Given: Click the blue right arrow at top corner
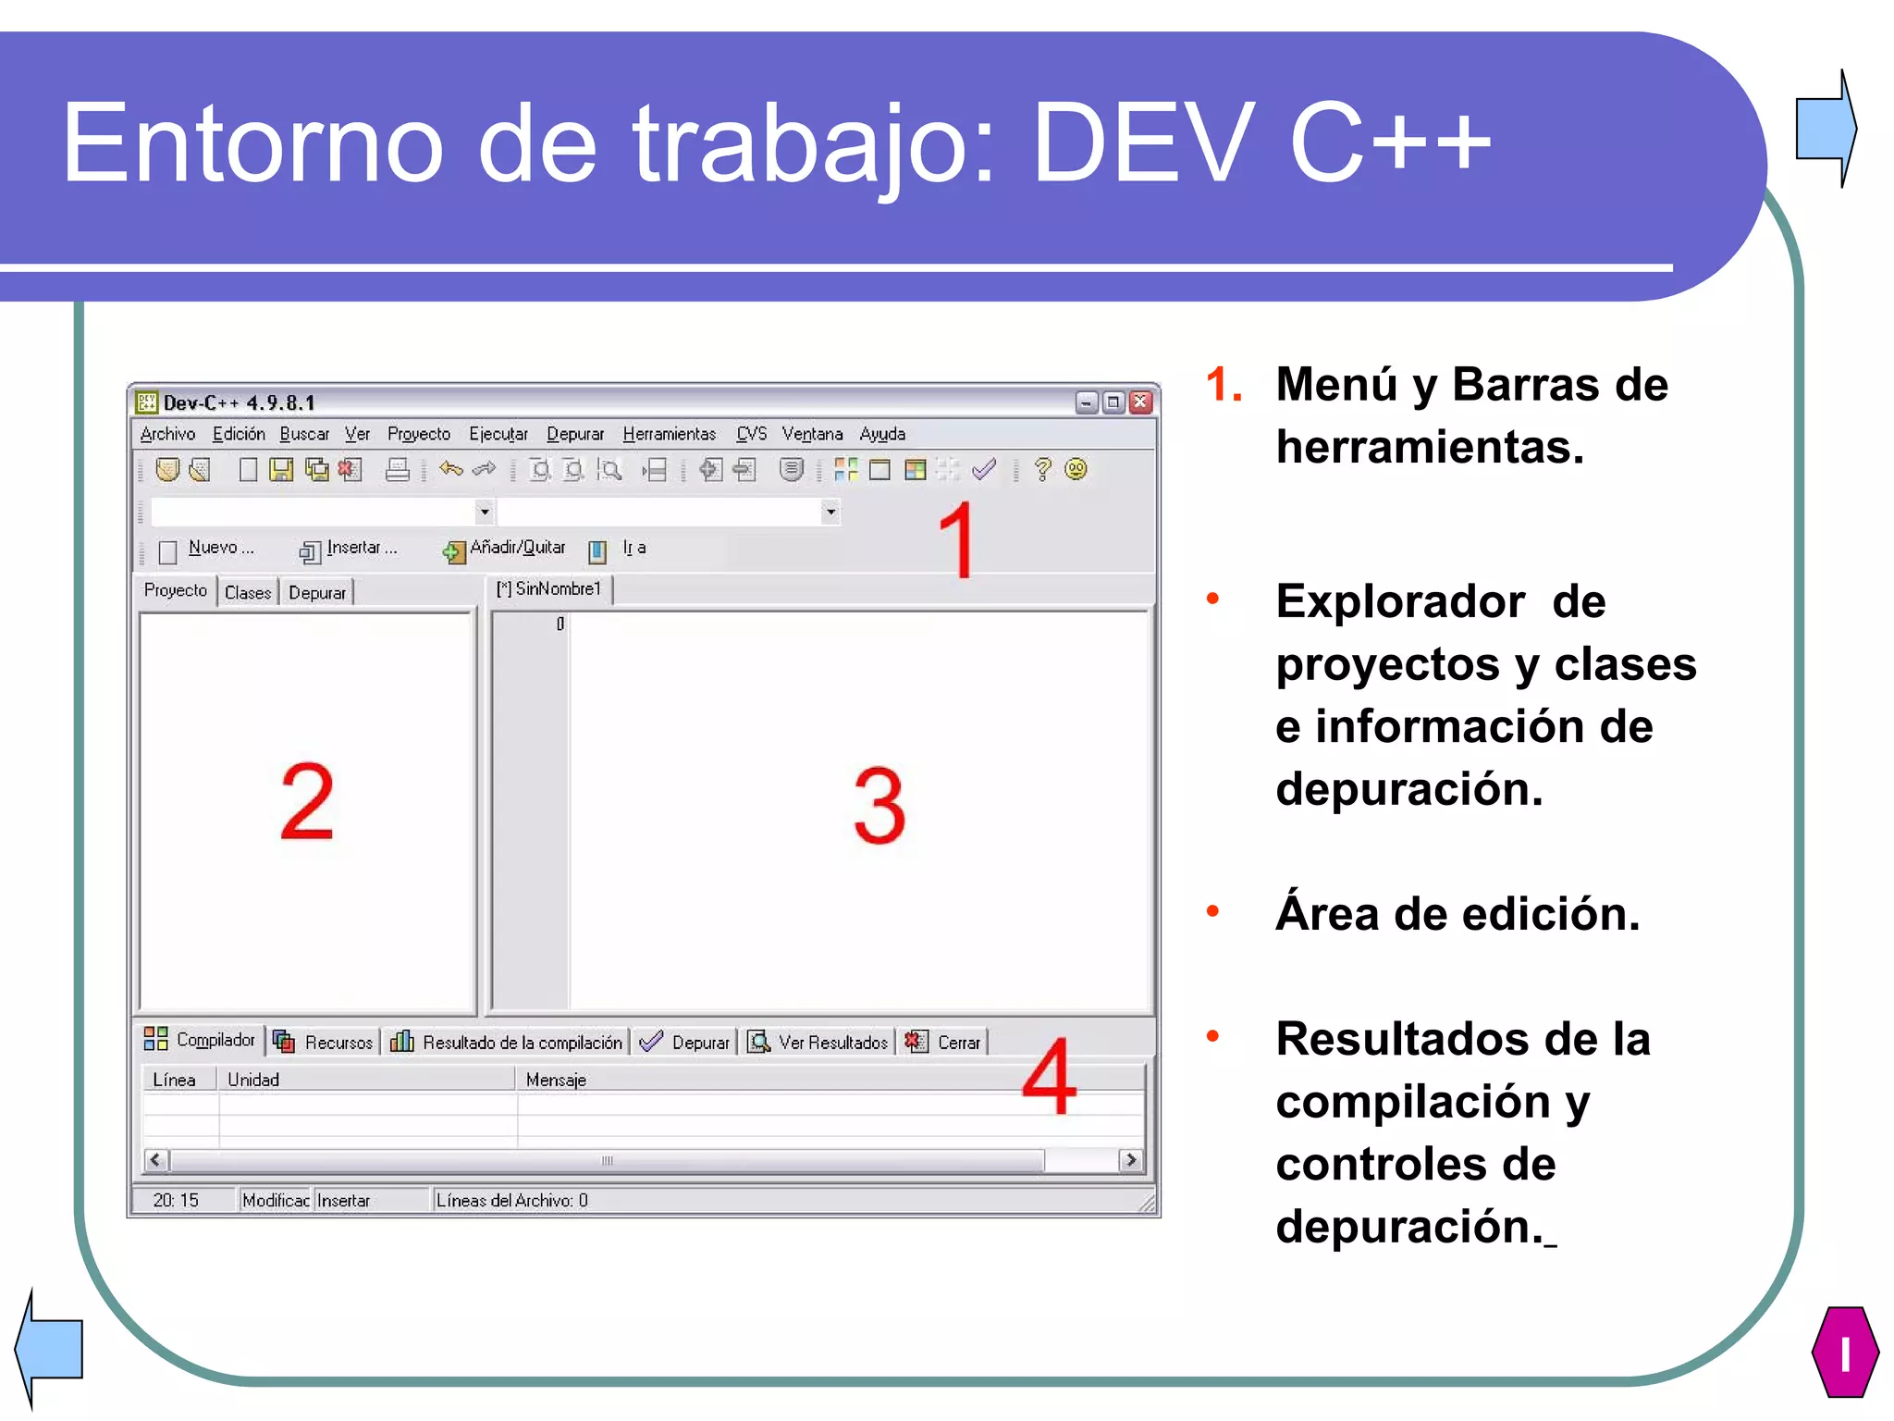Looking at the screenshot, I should click(x=1826, y=128).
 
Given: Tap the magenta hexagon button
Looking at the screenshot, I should click(x=1844, y=1352).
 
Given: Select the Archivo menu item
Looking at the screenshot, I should click(x=167, y=434).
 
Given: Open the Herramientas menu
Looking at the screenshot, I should click(x=669, y=434).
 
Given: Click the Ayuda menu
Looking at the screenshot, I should click(x=881, y=434).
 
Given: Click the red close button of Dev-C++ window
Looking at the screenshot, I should click(x=1141, y=402).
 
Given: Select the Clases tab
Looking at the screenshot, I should click(x=248, y=593).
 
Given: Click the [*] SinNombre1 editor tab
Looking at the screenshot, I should click(x=549, y=589).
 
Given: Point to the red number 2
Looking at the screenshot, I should click(x=306, y=802).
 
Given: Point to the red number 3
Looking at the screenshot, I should click(x=879, y=806).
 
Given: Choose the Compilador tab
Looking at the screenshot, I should click(x=200, y=1040).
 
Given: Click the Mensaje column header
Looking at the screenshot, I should click(x=556, y=1080).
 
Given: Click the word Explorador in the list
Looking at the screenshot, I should click(x=1399, y=602).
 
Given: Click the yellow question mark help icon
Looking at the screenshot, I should click(x=1042, y=470).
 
